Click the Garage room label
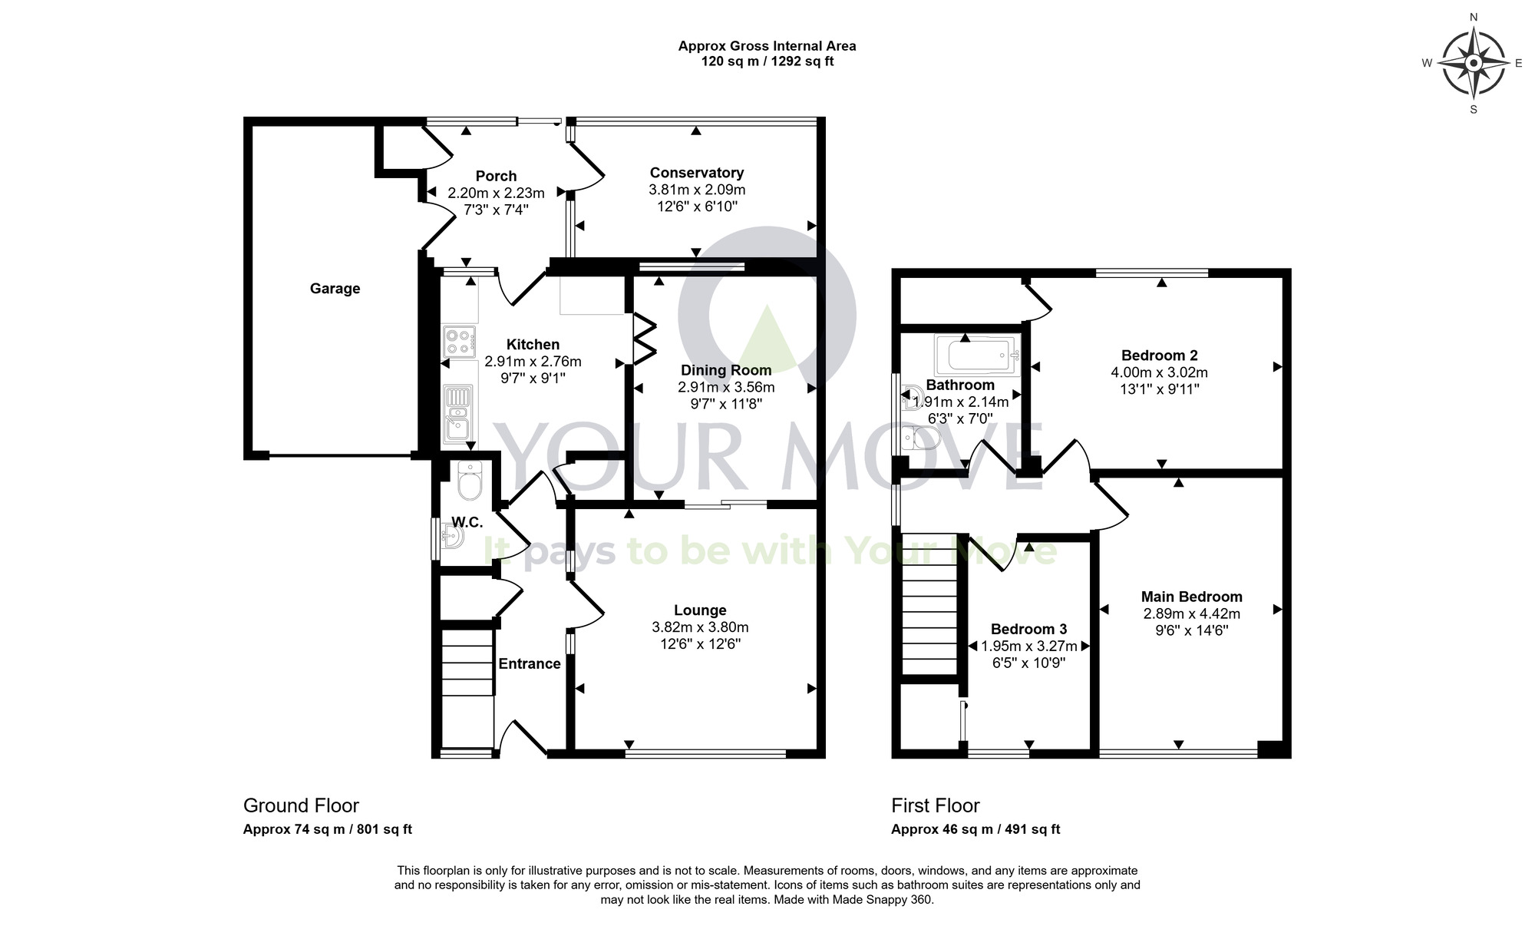(335, 289)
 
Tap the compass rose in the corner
(1473, 63)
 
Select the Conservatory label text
(696, 173)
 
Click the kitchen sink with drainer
(458, 415)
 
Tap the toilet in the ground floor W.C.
(468, 481)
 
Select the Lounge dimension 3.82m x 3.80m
(700, 627)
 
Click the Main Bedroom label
(1191, 597)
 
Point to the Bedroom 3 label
(1028, 629)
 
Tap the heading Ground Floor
(301, 805)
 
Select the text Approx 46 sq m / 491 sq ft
(975, 829)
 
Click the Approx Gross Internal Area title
(767, 46)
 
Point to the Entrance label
(530, 663)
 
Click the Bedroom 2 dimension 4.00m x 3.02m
(1159, 372)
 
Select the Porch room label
(496, 176)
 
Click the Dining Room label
(726, 370)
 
